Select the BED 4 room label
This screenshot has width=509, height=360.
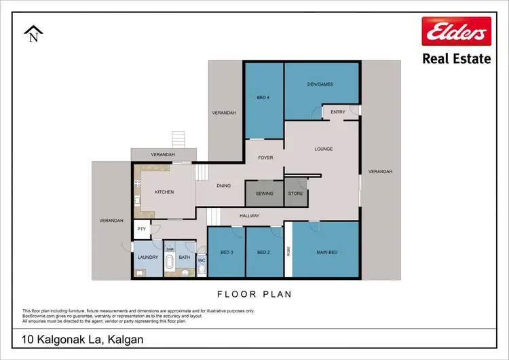pos(263,98)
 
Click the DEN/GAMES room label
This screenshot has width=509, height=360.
pos(321,85)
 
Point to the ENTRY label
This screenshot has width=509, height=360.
pos(338,113)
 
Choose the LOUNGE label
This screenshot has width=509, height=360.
pos(323,149)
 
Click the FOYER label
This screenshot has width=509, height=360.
pos(265,158)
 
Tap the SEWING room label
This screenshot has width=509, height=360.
pos(265,194)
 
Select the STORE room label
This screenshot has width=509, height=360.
pos(295,194)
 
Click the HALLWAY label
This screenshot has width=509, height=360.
pos(250,216)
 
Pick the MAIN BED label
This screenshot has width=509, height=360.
pos(327,253)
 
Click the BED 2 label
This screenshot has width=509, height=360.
pos(264,253)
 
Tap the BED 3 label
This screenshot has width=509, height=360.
pos(226,253)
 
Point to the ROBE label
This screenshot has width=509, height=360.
pos(288,250)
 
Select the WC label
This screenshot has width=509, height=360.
pos(202,259)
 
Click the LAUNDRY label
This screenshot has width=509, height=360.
pos(148,257)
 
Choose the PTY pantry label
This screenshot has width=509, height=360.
pos(141,230)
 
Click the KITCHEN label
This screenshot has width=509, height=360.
pos(164,192)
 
